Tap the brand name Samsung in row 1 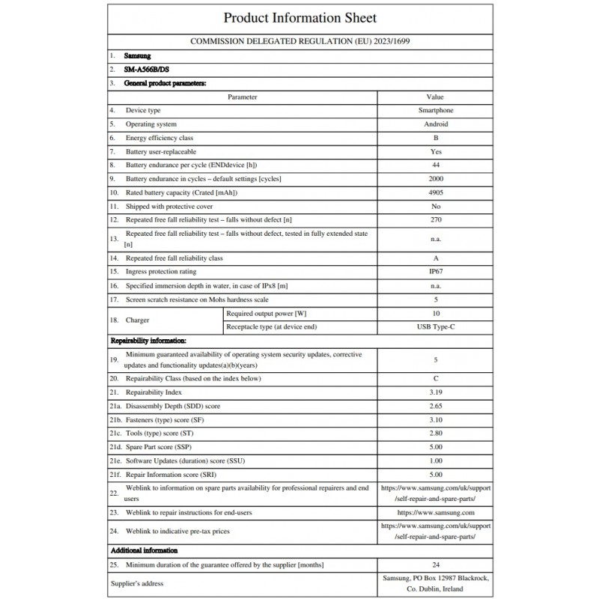point(138,56)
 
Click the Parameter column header point(242,97)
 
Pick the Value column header point(434,97)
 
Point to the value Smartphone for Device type point(434,111)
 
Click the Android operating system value point(434,124)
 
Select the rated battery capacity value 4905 point(434,192)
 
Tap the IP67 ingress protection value point(434,272)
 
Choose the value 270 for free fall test point(434,219)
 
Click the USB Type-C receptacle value point(434,326)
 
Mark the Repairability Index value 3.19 point(434,392)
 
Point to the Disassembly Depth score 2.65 point(434,406)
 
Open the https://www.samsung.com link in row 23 point(434,513)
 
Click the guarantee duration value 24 point(434,565)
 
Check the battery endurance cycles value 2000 point(434,179)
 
